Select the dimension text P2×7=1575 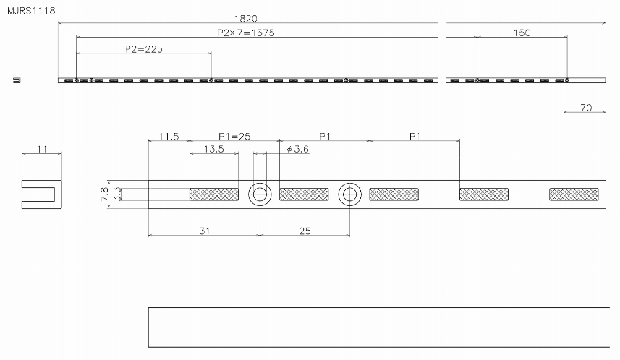[x=245, y=33]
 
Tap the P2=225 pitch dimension [x=143, y=48]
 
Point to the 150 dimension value [x=521, y=33]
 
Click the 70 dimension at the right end [x=585, y=108]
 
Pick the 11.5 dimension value [x=169, y=136]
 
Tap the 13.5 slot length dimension [x=213, y=149]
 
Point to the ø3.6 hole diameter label [x=298, y=149]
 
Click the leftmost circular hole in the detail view [x=260, y=194]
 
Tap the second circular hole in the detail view [x=349, y=194]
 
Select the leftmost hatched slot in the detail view [x=214, y=194]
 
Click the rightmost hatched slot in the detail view [x=574, y=194]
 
